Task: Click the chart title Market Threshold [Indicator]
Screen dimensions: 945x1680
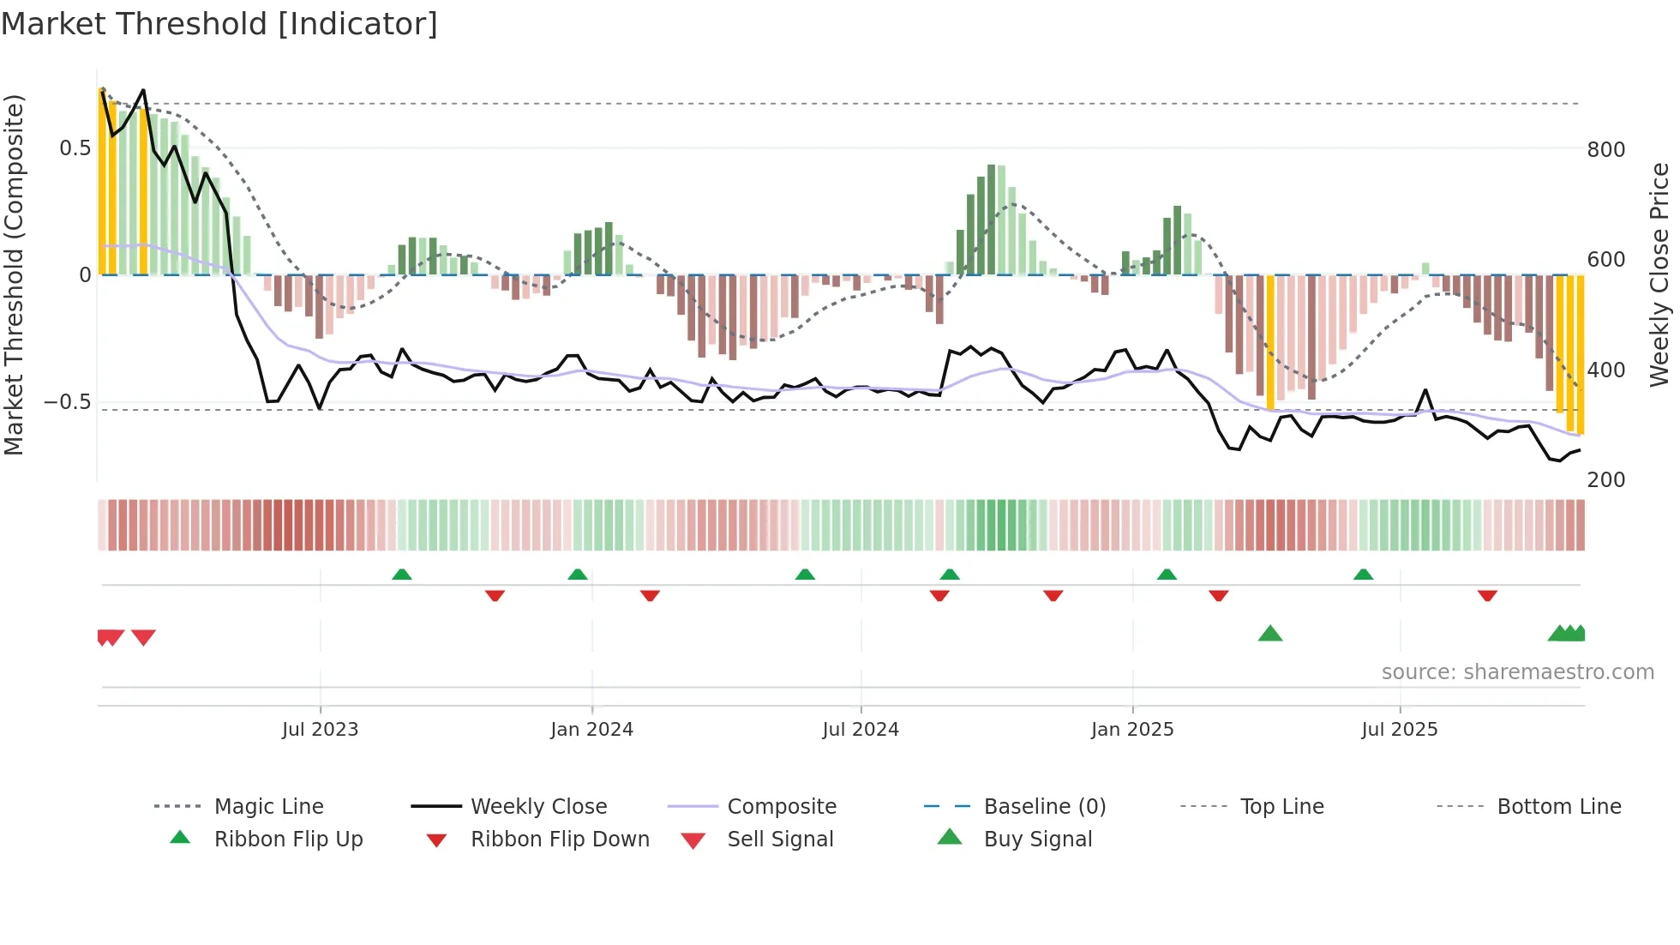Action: click(219, 24)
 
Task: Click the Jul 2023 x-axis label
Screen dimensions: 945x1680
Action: click(320, 730)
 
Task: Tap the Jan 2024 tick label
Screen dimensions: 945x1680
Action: click(591, 730)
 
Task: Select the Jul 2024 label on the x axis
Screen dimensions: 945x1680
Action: click(861, 730)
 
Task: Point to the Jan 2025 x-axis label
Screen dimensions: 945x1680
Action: click(1132, 730)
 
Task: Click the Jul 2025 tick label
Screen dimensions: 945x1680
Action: click(1399, 730)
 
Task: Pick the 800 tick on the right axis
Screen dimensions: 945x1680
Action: click(1605, 150)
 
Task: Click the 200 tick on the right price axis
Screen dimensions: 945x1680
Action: click(1605, 480)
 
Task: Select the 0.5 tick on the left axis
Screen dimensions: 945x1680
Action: click(75, 148)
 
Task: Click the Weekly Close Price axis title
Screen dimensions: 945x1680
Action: click(1659, 274)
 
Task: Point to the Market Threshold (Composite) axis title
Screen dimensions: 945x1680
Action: click(15, 274)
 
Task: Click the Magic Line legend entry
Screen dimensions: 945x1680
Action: click(268, 807)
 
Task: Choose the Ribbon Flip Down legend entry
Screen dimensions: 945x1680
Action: click(560, 840)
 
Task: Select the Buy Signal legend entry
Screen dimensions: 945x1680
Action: click(1037, 840)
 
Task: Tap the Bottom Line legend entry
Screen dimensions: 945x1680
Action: click(1558, 807)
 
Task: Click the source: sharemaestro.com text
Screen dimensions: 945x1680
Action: click(1517, 672)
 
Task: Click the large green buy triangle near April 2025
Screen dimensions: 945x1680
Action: click(1269, 635)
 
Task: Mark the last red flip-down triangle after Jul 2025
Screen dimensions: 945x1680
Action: click(1487, 595)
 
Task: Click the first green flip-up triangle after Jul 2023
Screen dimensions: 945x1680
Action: click(402, 575)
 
